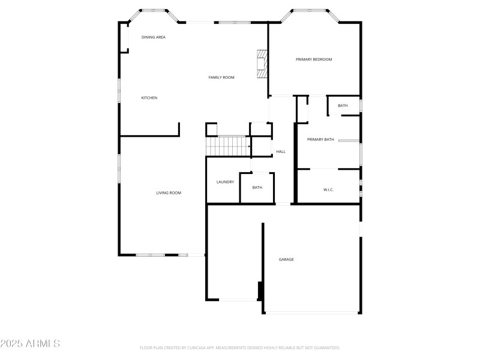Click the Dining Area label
(x=154, y=37)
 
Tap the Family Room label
(x=221, y=77)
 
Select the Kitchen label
(x=149, y=98)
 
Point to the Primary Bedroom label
(x=314, y=59)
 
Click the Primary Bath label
(x=320, y=140)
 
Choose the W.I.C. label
(x=328, y=190)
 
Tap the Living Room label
(x=169, y=193)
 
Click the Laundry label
(x=225, y=182)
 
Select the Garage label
(x=286, y=260)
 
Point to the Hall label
(x=281, y=152)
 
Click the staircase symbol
(x=228, y=146)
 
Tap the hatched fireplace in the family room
(x=261, y=64)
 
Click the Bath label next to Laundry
(x=257, y=188)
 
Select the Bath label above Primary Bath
(x=343, y=106)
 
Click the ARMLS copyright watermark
(x=30, y=344)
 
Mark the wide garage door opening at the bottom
(x=312, y=313)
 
